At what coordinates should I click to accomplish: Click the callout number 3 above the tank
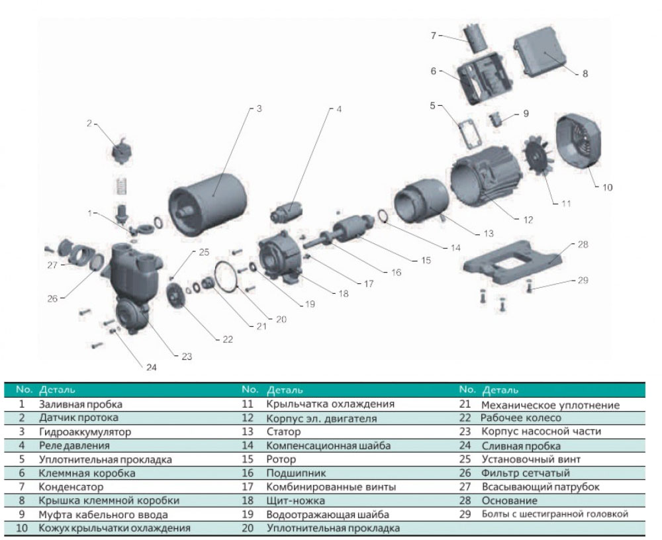pos(260,109)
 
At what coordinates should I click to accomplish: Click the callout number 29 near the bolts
pos(582,281)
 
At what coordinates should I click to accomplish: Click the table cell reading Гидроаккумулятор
pos(85,432)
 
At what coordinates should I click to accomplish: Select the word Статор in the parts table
pos(284,432)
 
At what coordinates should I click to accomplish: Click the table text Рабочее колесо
pos(520,418)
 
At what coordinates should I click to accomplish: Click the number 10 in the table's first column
pos(22,528)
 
